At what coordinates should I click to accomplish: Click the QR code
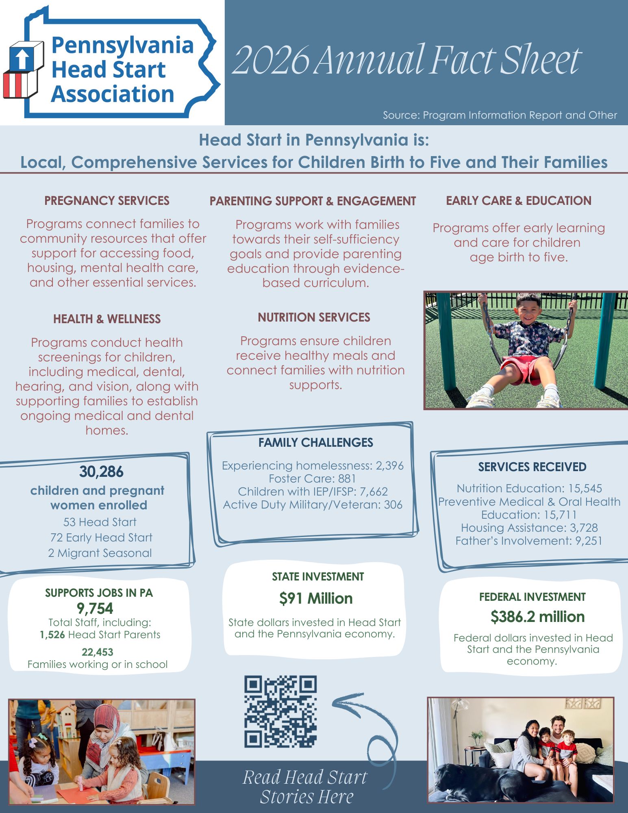[x=280, y=711]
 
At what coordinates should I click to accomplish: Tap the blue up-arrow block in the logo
[x=22, y=58]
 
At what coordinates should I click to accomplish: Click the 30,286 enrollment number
[x=101, y=472]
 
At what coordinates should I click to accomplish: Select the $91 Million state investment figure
[x=316, y=599]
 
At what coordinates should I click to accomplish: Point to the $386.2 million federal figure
[x=537, y=617]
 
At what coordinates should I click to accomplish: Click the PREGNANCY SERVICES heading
[x=107, y=201]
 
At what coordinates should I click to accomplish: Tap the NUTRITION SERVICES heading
[x=314, y=317]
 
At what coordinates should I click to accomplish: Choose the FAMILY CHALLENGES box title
[x=316, y=443]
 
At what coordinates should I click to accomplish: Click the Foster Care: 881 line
[x=312, y=478]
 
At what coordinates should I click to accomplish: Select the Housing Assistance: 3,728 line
[x=529, y=528]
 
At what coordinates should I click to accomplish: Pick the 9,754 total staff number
[x=95, y=609]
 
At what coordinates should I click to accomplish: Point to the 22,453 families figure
[x=98, y=652]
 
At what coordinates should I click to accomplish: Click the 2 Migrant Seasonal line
[x=100, y=553]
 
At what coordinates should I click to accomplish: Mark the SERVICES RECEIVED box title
[x=532, y=467]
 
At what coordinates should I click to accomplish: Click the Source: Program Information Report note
[x=500, y=115]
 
